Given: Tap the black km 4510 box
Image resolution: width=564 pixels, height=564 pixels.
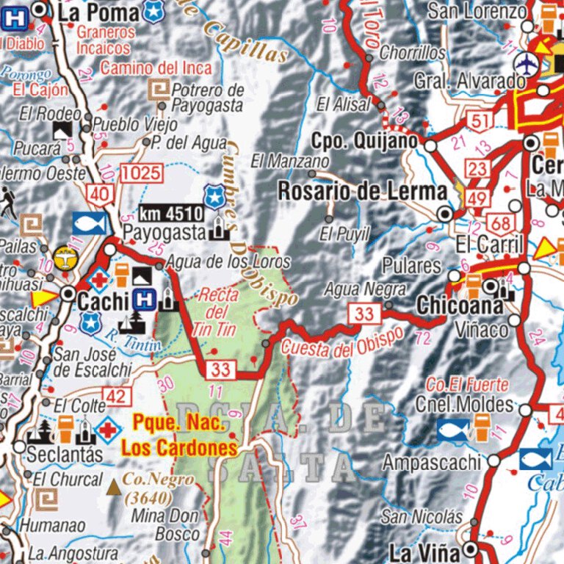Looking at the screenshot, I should click(170, 214).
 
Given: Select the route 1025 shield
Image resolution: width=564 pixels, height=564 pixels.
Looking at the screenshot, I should click(142, 174).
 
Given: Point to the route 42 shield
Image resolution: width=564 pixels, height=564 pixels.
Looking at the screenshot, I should click(116, 397).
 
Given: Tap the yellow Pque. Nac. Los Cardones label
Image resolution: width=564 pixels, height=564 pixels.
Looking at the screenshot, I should click(180, 435).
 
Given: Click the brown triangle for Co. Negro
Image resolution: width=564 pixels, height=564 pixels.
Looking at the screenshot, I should click(114, 486).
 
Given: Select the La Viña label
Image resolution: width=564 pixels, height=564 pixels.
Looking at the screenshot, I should click(424, 552).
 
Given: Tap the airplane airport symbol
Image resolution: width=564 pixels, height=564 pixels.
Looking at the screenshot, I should click(527, 64).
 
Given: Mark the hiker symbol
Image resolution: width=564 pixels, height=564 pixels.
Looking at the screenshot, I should click(8, 202).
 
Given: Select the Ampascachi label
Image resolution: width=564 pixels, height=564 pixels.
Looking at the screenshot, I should click(432, 462).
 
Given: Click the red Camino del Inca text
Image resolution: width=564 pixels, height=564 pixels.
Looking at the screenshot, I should click(156, 68).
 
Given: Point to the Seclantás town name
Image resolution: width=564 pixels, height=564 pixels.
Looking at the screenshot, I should click(65, 454).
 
